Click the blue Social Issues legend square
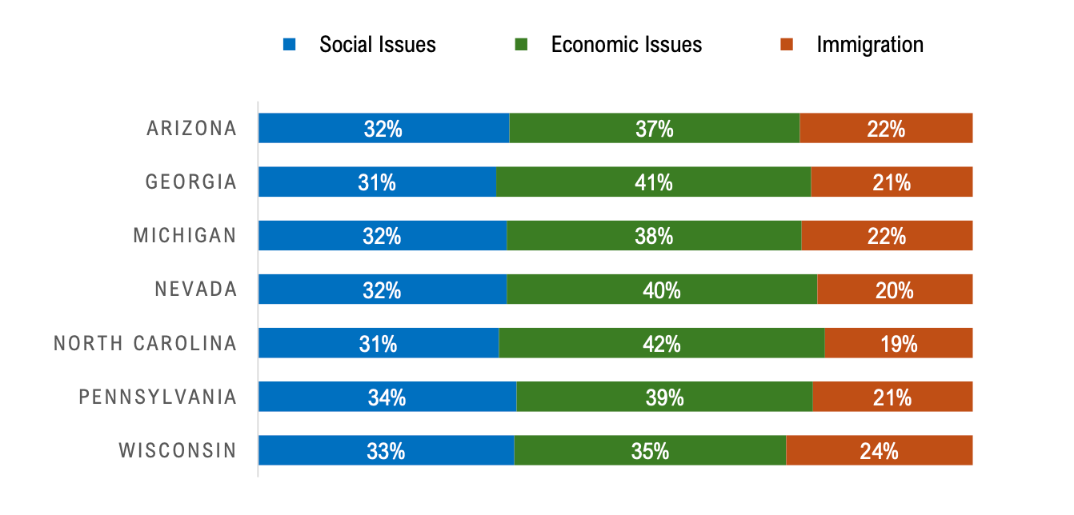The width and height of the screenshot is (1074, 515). [x=290, y=45]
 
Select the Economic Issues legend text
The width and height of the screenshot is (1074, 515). [x=626, y=45]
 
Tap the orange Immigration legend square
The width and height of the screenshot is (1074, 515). [x=787, y=45]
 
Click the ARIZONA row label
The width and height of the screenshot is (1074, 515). [x=192, y=129]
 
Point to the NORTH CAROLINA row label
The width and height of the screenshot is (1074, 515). [x=146, y=344]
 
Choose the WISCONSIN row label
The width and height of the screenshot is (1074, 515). [x=178, y=451]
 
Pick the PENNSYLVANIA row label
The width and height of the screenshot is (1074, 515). [x=158, y=397]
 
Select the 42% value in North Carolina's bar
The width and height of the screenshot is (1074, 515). [x=662, y=344]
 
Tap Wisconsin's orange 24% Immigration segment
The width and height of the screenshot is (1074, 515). [x=879, y=451]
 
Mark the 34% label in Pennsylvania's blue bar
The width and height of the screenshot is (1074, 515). [x=387, y=397]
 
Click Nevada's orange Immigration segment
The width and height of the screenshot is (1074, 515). [x=895, y=289]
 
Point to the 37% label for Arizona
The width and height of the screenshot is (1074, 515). [x=655, y=129]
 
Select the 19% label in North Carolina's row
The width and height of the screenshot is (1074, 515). [x=899, y=344]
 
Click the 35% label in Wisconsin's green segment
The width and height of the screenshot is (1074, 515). [x=650, y=451]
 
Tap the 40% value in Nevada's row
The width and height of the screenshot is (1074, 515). [x=662, y=289]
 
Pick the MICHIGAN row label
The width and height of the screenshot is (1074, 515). [x=185, y=236]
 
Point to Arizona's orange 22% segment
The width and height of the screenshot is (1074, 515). [x=886, y=129]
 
